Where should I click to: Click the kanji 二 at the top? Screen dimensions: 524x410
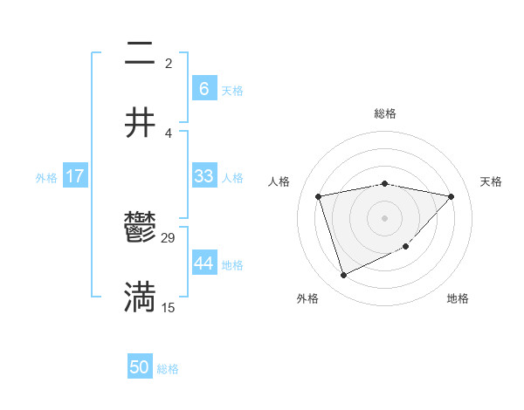[140, 54]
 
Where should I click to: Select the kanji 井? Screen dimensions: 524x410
[140, 122]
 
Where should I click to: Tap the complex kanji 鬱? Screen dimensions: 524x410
[140, 229]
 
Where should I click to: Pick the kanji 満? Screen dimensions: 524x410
[140, 297]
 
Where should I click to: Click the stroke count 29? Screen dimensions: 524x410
[169, 238]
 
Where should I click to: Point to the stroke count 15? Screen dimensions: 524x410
[169, 308]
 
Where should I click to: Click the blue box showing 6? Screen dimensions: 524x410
[203, 89]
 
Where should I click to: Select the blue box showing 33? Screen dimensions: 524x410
[203, 176]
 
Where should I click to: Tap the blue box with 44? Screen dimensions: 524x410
[203, 263]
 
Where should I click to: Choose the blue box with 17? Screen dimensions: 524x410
[74, 176]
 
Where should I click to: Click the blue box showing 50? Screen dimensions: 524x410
[140, 367]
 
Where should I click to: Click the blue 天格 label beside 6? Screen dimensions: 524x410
[232, 90]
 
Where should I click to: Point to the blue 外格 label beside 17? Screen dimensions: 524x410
[46, 177]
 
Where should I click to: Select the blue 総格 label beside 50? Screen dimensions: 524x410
[168, 368]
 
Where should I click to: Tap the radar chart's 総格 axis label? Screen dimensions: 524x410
[385, 113]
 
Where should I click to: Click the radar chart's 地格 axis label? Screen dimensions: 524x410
[458, 298]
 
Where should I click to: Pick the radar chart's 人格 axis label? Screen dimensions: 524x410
[279, 181]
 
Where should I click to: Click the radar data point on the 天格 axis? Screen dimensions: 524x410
[452, 196]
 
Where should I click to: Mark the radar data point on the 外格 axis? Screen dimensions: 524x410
[343, 276]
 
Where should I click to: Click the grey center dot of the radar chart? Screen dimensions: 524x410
[384, 218]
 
